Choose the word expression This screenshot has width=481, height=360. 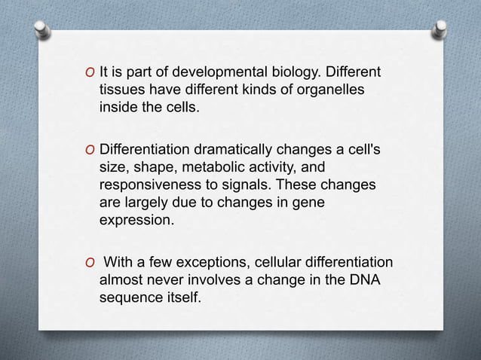click(x=136, y=221)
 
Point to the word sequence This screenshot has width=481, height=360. click(x=129, y=298)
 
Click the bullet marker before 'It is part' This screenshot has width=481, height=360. click(x=90, y=73)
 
